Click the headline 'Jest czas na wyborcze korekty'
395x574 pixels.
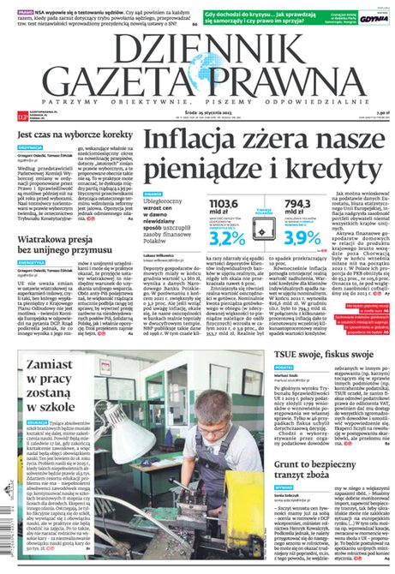point(69,135)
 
